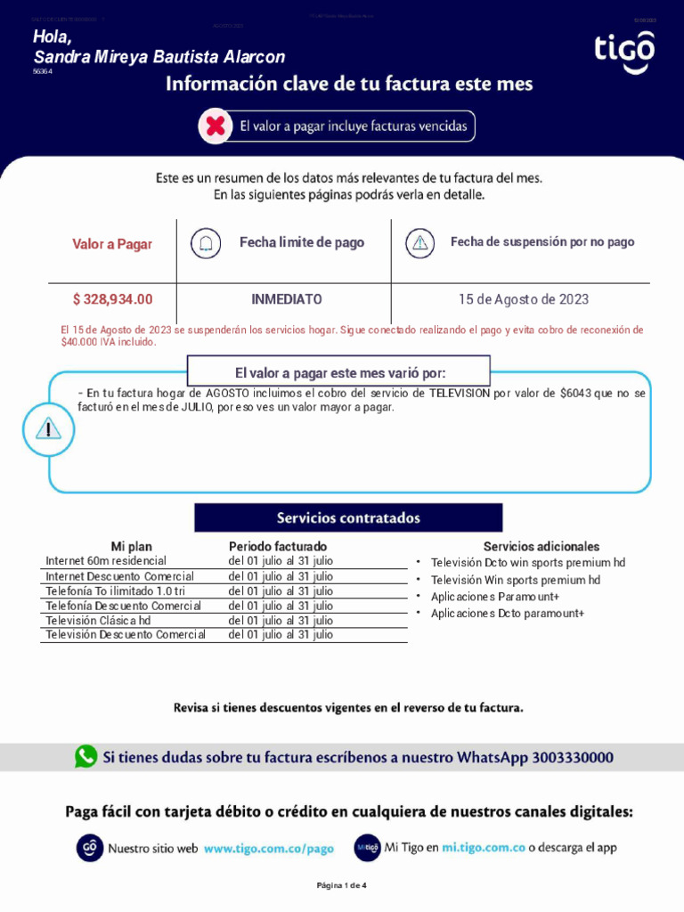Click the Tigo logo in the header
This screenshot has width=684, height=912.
pyautogui.click(x=624, y=53)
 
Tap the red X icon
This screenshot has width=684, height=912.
pyautogui.click(x=215, y=126)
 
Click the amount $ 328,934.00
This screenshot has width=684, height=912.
pyautogui.click(x=112, y=299)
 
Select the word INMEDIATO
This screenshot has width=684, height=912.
pyautogui.click(x=287, y=299)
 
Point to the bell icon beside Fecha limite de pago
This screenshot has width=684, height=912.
pyautogui.click(x=206, y=242)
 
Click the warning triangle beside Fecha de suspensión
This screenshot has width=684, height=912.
pyautogui.click(x=419, y=242)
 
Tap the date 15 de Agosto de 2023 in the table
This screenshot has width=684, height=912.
pyautogui.click(x=524, y=299)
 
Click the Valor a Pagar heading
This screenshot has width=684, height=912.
pyautogui.click(x=112, y=244)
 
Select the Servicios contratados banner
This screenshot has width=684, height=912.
pyautogui.click(x=348, y=517)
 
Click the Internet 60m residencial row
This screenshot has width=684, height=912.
pyautogui.click(x=106, y=561)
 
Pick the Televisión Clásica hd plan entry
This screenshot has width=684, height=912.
pyautogui.click(x=98, y=620)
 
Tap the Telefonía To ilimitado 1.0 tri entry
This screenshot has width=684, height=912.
pyautogui.click(x=116, y=590)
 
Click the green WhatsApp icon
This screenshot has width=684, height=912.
pyautogui.click(x=86, y=757)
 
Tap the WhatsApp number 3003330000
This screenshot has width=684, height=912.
pyautogui.click(x=573, y=758)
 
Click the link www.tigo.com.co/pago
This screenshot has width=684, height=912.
pyautogui.click(x=269, y=849)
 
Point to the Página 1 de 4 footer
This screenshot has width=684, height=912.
pyautogui.click(x=342, y=885)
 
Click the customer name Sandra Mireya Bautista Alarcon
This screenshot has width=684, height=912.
pyautogui.click(x=159, y=57)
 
